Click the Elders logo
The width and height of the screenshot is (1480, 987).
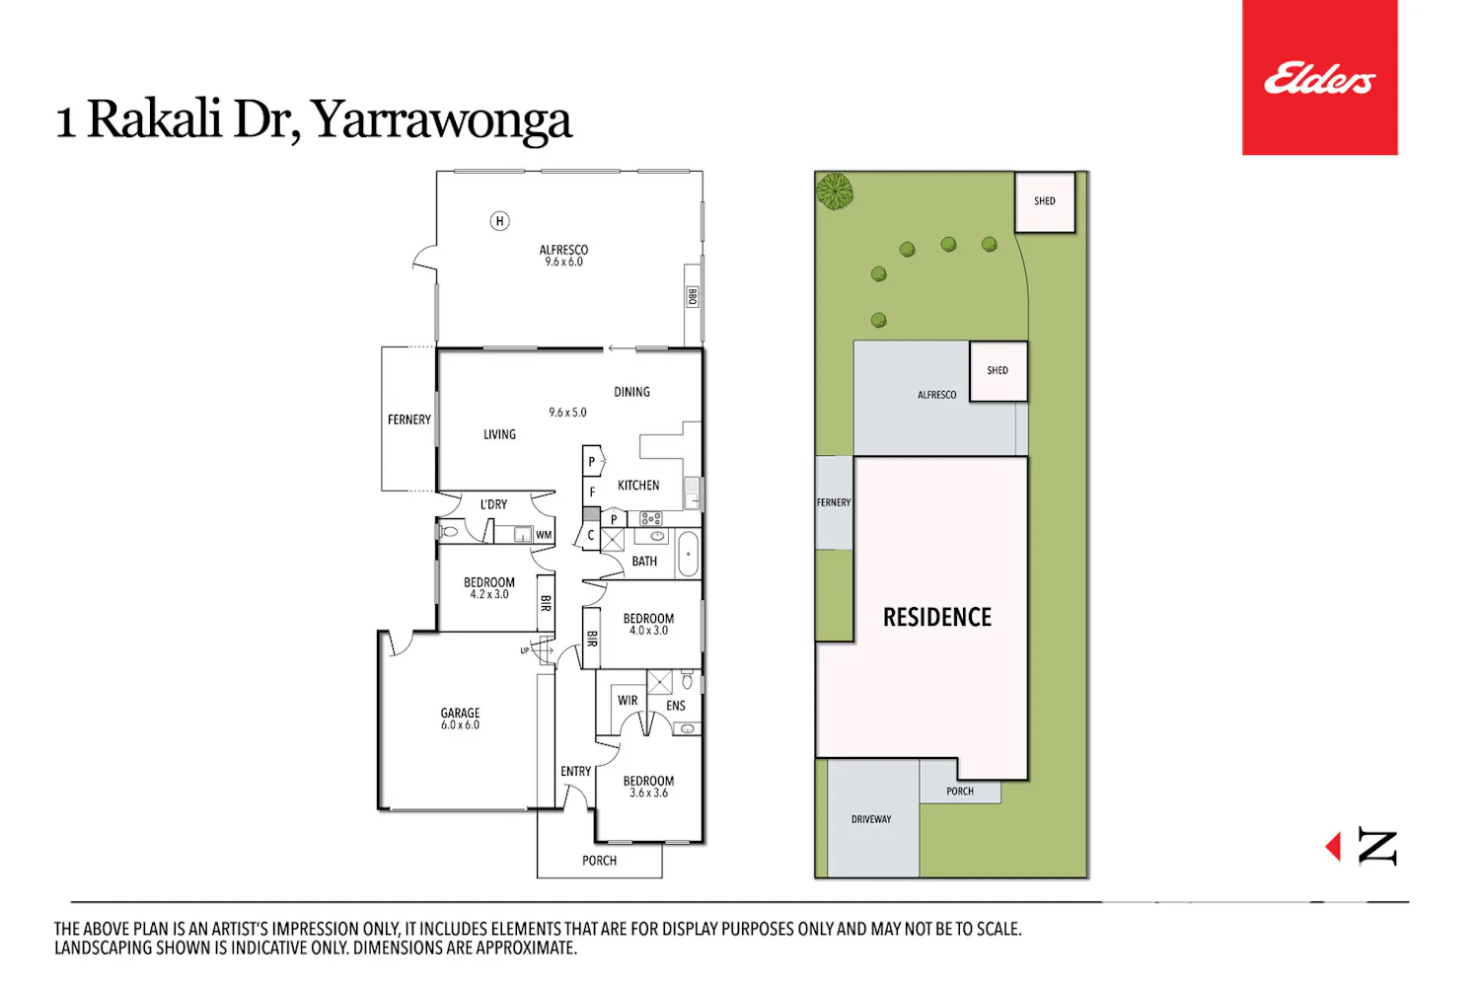click(x=1319, y=77)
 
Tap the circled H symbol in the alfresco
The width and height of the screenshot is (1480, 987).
click(x=499, y=221)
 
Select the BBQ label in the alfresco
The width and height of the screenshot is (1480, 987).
click(x=692, y=297)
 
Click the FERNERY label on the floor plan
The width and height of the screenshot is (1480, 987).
click(x=409, y=419)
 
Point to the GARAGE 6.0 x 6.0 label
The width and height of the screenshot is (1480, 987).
click(x=460, y=719)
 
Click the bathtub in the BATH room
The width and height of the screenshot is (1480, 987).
click(x=688, y=554)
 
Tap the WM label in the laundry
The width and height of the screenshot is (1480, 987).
click(x=544, y=535)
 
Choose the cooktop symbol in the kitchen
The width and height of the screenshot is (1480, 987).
click(x=651, y=519)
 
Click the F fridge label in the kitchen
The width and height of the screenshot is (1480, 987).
click(x=592, y=492)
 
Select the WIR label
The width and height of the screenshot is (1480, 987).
click(x=628, y=700)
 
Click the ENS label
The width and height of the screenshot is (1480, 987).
click(x=675, y=706)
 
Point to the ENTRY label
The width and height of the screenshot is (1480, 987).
click(x=575, y=772)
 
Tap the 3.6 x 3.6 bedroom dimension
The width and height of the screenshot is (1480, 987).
click(x=648, y=793)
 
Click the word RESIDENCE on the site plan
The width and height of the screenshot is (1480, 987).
click(x=937, y=618)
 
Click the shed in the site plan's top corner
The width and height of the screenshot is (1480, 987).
click(x=1045, y=202)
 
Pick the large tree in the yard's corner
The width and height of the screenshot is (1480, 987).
click(x=835, y=191)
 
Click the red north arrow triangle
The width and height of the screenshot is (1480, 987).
click(x=1333, y=846)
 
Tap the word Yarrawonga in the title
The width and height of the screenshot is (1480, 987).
click(x=441, y=121)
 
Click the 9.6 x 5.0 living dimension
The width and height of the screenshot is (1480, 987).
click(x=567, y=413)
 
